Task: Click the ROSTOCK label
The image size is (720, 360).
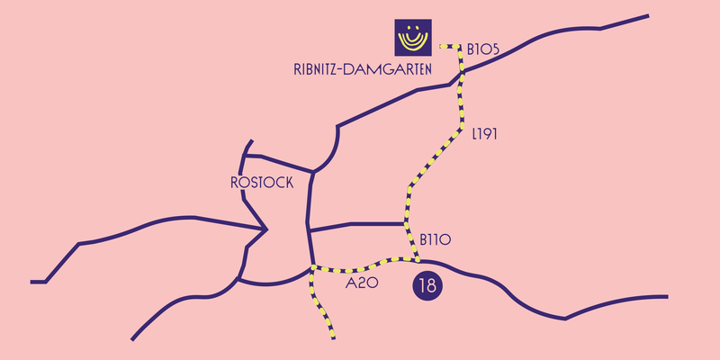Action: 262,183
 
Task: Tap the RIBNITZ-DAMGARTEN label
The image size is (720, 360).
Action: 363,69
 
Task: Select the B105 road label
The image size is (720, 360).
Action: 482,49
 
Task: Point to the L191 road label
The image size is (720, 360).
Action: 485,134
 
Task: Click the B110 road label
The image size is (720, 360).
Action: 436,239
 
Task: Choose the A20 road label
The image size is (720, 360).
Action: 362,283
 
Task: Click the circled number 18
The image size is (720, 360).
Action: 427,286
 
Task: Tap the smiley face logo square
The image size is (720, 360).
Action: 413,37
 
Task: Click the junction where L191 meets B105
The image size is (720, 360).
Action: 462,72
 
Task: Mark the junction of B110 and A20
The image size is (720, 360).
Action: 418,261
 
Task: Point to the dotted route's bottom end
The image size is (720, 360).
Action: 333,338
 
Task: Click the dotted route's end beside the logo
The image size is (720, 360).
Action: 441,46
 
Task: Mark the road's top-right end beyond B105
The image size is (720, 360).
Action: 648,15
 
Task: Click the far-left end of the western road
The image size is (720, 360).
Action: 31,282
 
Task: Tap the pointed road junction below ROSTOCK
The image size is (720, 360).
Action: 265,229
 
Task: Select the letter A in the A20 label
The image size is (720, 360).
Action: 351,283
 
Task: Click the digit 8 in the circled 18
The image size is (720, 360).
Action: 432,286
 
